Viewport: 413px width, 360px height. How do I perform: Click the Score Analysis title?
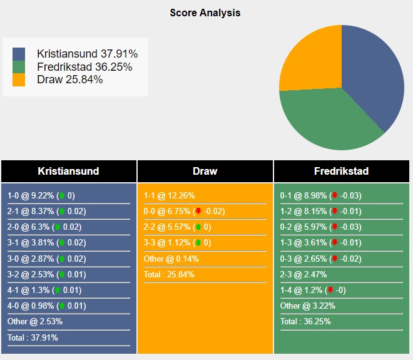click(x=205, y=13)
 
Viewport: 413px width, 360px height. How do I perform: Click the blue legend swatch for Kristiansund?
click(x=19, y=54)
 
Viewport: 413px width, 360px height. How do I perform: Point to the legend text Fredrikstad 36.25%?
click(x=84, y=67)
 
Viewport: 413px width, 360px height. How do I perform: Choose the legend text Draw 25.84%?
click(x=70, y=80)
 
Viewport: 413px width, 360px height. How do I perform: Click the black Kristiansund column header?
click(x=68, y=171)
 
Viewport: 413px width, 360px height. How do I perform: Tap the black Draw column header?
click(x=205, y=171)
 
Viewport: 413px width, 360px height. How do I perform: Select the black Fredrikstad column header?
click(x=342, y=171)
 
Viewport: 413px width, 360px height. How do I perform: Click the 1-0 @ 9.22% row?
click(x=41, y=195)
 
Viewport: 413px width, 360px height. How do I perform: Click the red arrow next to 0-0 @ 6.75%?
click(x=198, y=212)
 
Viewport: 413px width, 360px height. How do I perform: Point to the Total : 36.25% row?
click(x=305, y=322)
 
